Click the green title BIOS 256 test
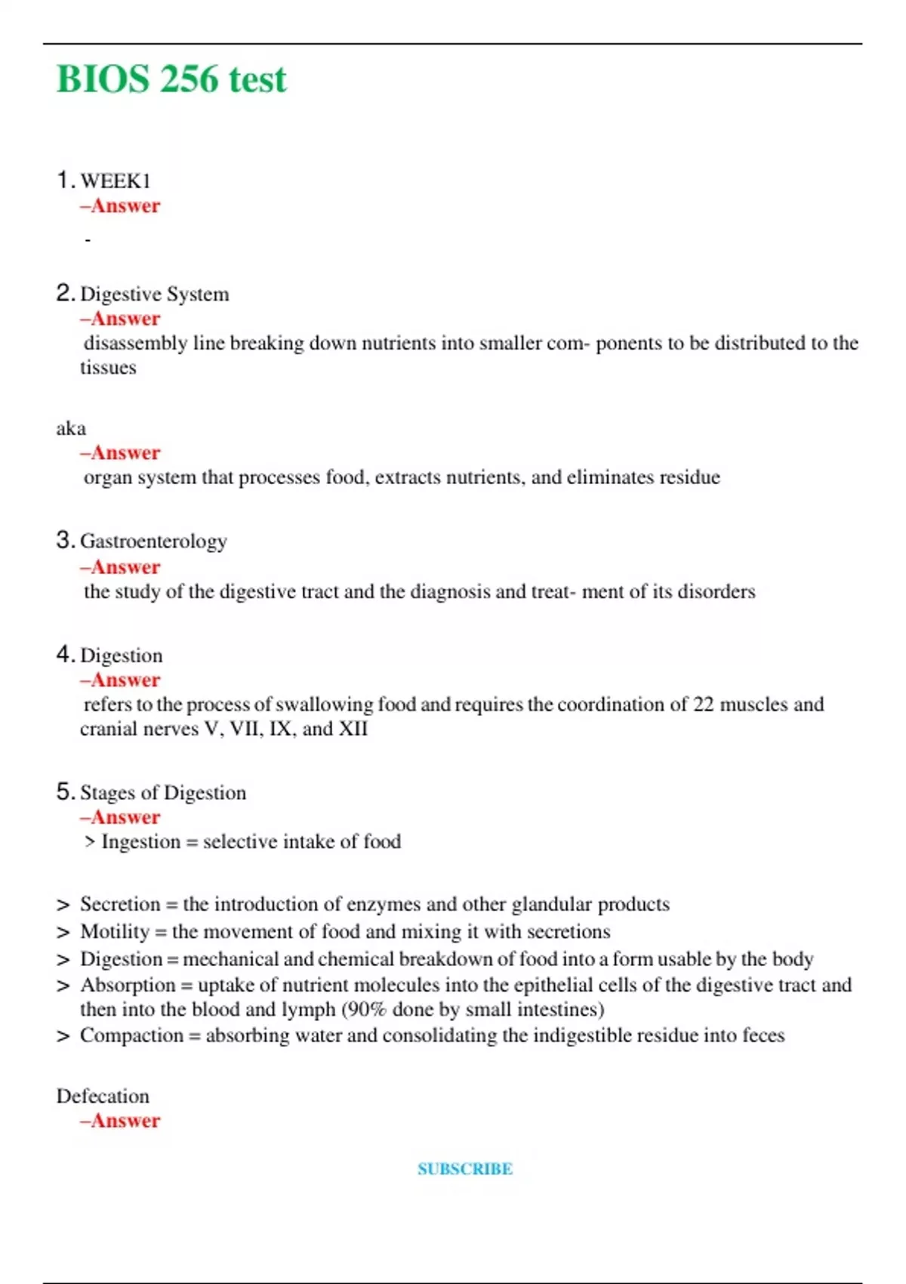171,79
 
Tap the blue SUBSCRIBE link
464,1168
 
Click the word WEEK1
115,181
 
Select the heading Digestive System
154,294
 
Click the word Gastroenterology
153,542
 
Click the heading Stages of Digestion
162,793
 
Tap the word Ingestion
140,842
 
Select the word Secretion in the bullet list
120,905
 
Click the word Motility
115,932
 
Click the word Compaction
131,1036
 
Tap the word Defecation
103,1097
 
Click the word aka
71,429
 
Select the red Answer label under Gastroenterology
120,567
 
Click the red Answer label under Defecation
120,1121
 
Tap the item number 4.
64,655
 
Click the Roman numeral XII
353,729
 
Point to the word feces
763,1036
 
